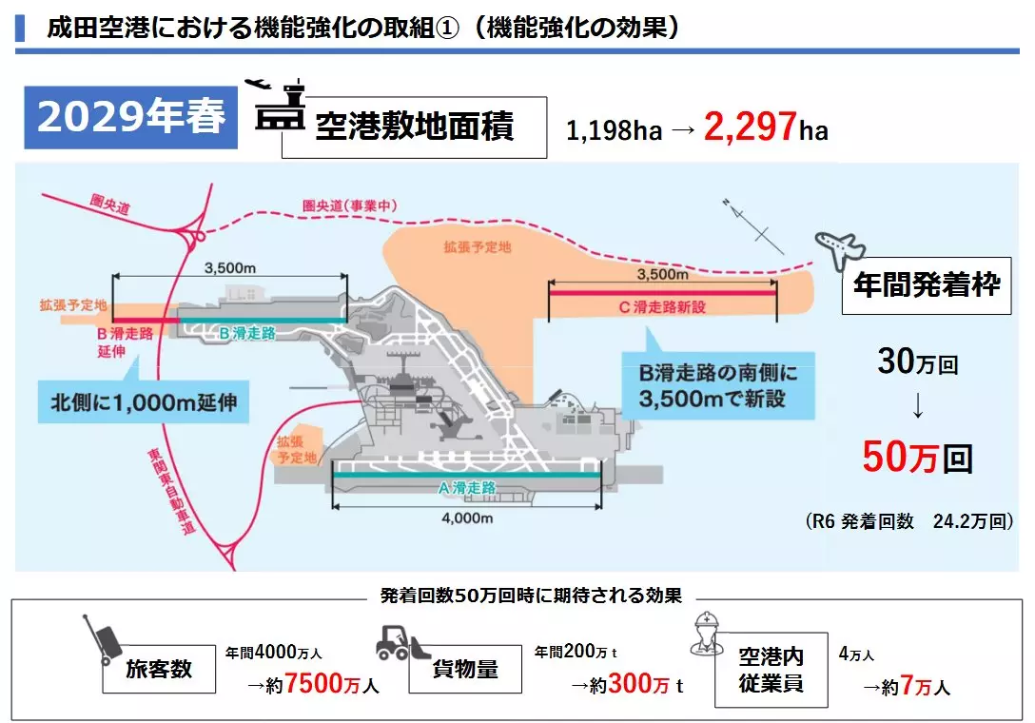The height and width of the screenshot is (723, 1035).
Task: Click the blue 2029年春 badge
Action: (x=132, y=117)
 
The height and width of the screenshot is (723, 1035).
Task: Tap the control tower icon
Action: (x=275, y=107)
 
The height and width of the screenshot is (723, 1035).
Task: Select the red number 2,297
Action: (x=750, y=127)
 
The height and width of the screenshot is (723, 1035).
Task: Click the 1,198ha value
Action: (x=614, y=130)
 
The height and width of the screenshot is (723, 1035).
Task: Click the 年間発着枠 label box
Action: (x=926, y=284)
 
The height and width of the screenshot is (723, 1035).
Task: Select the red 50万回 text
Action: (x=918, y=458)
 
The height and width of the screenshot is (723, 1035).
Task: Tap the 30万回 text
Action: (x=917, y=363)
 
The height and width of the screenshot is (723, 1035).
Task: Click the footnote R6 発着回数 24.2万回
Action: (x=909, y=521)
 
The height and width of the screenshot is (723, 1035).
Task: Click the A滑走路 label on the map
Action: (x=467, y=486)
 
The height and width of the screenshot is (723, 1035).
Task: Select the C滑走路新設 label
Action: (x=662, y=306)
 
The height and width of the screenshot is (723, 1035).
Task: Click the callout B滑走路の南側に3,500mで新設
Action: (x=718, y=384)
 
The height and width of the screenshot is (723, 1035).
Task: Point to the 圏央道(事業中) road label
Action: (x=349, y=205)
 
